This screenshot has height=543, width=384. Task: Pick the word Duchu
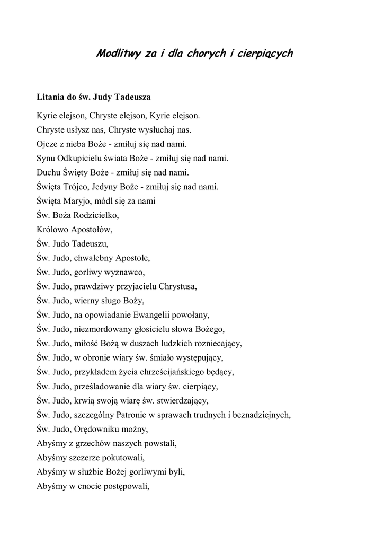click(x=49, y=172)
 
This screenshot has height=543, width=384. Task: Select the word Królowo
click(x=52, y=230)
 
